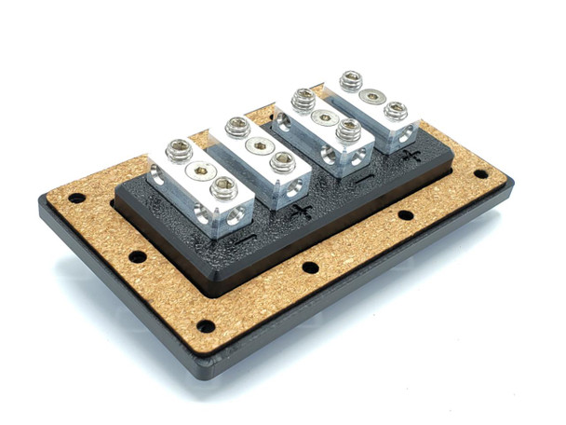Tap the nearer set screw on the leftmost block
[x=222, y=189]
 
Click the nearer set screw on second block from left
[x=281, y=162]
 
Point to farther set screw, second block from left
[x=237, y=128]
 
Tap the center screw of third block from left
[x=325, y=117]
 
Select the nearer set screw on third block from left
[x=348, y=131]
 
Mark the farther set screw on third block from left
[x=302, y=99]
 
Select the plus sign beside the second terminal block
[x=301, y=211]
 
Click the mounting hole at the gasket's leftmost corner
[x=75, y=199]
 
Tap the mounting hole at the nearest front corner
[x=205, y=325]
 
